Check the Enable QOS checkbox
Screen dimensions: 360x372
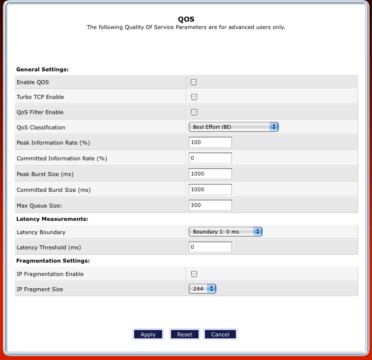coord(194,82)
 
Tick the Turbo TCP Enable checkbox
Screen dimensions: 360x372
coord(194,97)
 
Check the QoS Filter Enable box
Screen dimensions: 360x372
coord(194,112)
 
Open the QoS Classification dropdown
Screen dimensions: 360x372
coord(233,127)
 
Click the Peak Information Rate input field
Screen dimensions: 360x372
coord(210,142)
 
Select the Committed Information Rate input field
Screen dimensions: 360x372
coord(210,158)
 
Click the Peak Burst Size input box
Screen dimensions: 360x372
coord(210,174)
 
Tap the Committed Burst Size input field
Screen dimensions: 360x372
coord(210,189)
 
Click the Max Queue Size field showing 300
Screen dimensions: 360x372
coord(210,205)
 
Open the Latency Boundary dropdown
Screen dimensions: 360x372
coord(225,232)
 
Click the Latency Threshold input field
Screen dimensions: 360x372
coord(210,247)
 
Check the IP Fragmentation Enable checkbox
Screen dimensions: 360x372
coord(194,274)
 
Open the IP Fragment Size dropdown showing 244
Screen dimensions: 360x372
coord(202,289)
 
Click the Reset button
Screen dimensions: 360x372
coord(185,334)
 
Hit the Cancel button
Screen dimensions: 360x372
coord(220,334)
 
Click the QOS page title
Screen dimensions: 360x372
coord(186,19)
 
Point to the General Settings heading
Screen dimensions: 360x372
coord(42,69)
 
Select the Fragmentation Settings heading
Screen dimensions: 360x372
coord(53,261)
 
